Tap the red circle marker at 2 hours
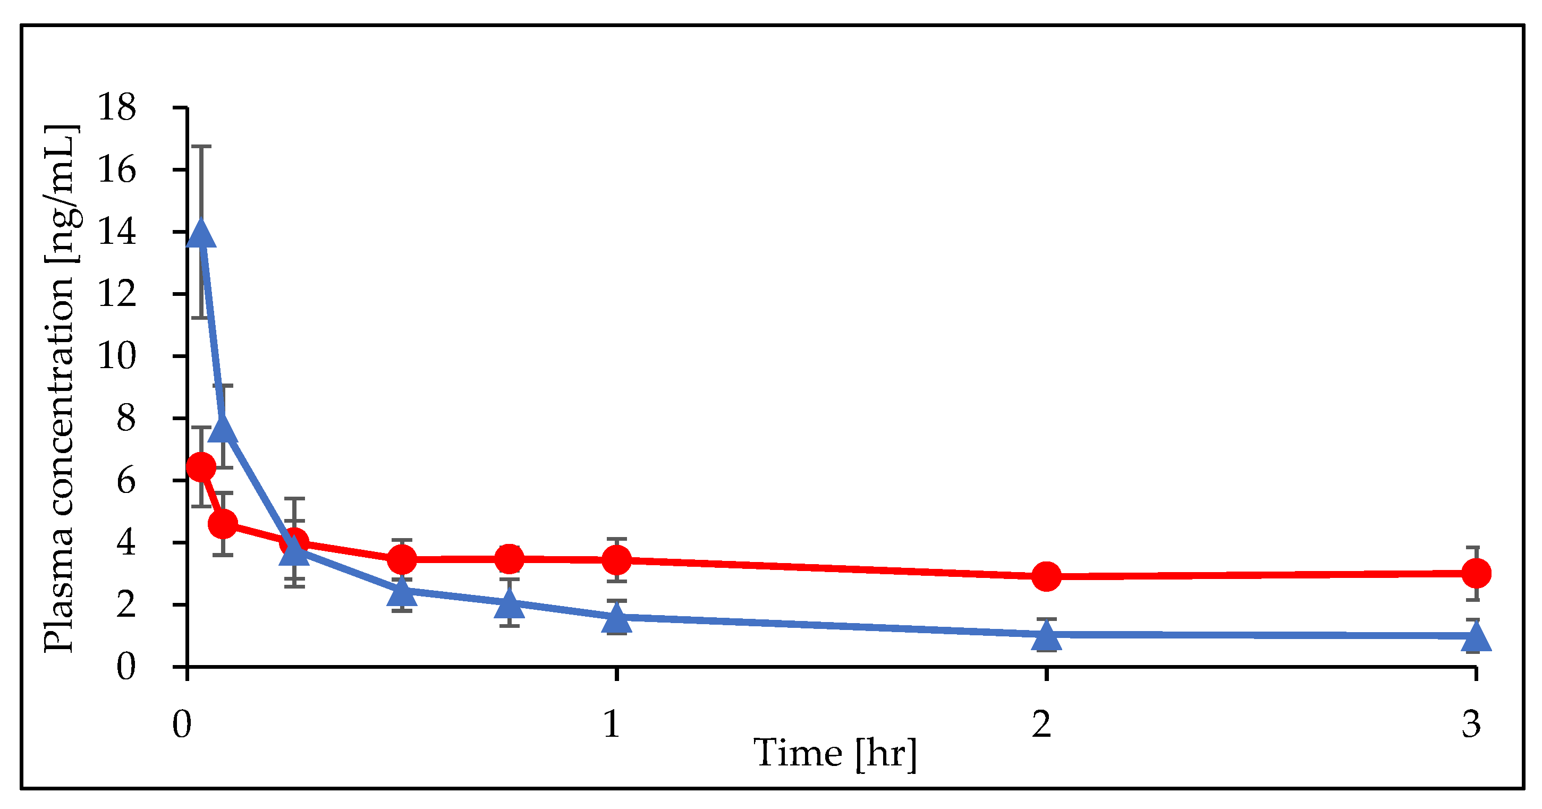1046,576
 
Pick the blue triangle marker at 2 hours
1046,635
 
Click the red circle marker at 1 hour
616,560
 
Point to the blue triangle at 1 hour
616,619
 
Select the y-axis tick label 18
117,108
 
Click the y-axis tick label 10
117,356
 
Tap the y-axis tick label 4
126,543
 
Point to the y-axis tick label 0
126,667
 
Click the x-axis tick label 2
1041,724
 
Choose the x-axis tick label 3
1471,724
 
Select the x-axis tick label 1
612,724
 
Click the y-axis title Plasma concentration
60,389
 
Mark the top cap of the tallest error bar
201,147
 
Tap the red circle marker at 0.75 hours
510,559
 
